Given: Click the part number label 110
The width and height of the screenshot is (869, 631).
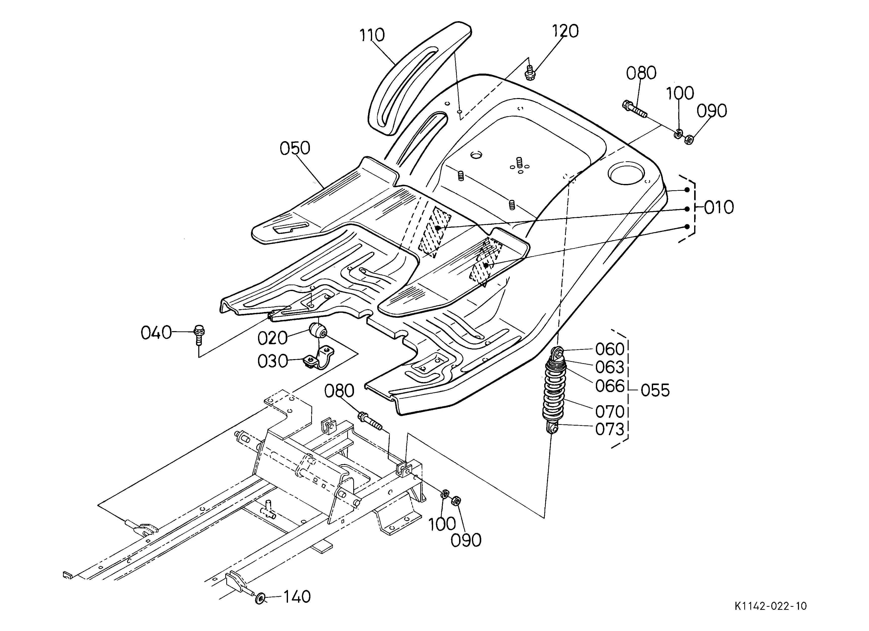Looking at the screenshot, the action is tap(372, 35).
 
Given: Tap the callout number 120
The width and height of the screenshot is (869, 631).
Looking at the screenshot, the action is tap(565, 31).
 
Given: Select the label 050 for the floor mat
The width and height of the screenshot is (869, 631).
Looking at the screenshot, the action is tap(295, 148).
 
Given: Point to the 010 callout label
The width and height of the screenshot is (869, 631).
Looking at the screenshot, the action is tap(719, 207).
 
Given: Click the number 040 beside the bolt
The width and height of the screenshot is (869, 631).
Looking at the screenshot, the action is tap(156, 333).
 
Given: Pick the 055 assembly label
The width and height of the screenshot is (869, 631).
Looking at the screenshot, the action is tap(655, 390).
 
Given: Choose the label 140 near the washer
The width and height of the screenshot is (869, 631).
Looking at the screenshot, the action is tap(297, 596).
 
